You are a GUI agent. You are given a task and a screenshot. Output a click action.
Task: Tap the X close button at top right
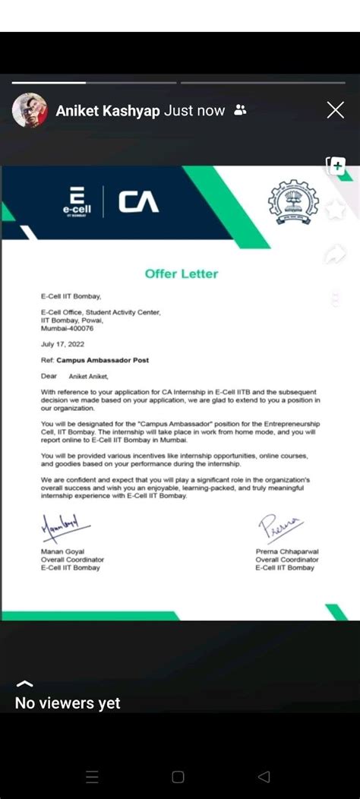click(x=335, y=111)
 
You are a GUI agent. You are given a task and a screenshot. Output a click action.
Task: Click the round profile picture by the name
click(x=30, y=111)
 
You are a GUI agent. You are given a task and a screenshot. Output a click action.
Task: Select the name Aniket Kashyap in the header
click(x=107, y=111)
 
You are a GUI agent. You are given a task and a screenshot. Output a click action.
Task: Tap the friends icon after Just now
click(x=241, y=111)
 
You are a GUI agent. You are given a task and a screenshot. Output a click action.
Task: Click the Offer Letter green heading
click(x=181, y=273)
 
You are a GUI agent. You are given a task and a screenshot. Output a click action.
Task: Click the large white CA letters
click(x=138, y=202)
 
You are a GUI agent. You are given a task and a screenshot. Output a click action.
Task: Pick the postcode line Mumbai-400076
click(x=68, y=329)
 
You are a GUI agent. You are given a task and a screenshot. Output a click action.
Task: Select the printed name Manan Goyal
click(x=62, y=551)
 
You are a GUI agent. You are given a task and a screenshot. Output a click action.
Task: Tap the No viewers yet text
click(x=68, y=703)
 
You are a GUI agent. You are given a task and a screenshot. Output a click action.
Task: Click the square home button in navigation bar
click(x=178, y=776)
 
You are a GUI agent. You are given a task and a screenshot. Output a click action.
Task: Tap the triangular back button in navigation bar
click(x=264, y=776)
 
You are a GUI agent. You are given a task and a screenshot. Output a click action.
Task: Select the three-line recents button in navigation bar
click(x=92, y=776)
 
